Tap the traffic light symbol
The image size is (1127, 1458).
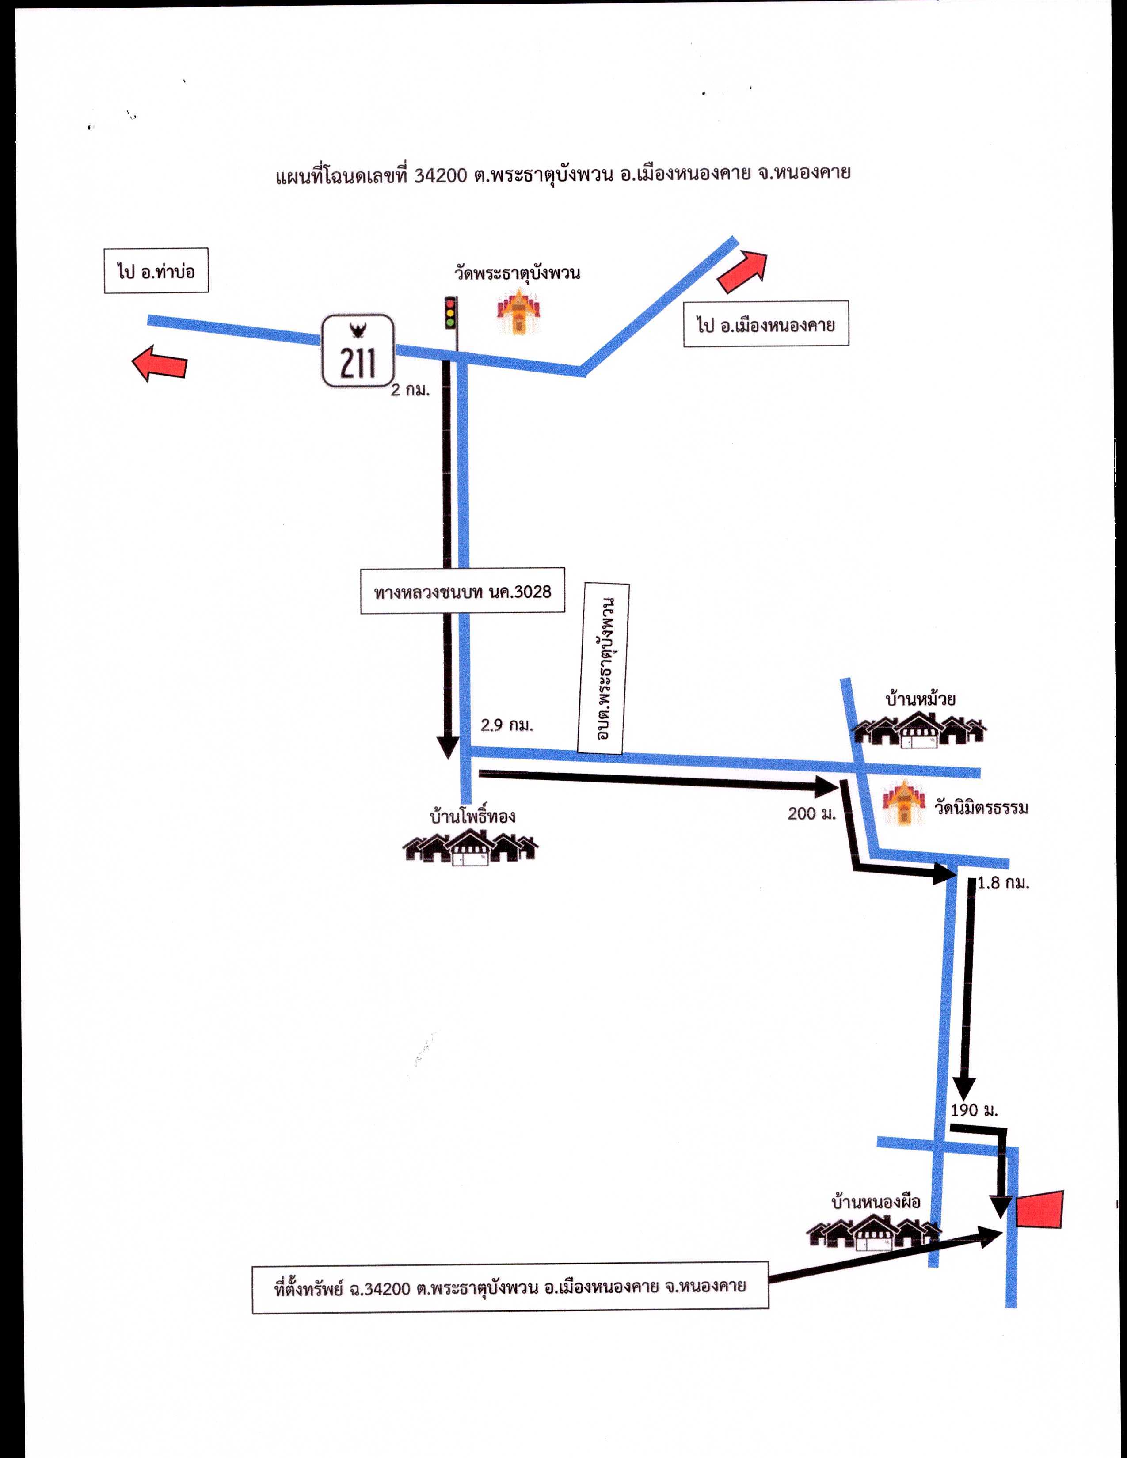451,312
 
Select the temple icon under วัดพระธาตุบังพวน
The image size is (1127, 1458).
518,311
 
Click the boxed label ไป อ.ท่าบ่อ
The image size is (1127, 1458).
156,270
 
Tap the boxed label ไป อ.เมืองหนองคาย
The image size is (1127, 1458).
766,323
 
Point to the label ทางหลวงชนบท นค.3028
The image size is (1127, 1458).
463,590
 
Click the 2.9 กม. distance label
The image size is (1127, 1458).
507,725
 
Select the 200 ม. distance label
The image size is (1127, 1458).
812,813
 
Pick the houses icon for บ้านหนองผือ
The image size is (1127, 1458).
874,1232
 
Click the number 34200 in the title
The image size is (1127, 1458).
440,175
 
